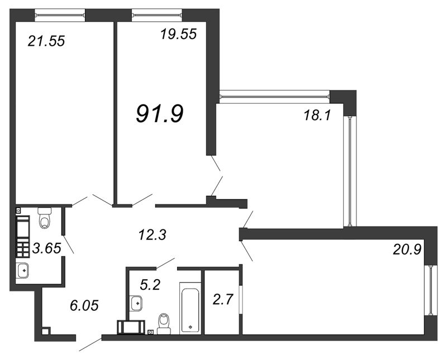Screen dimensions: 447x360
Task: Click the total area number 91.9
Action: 160,113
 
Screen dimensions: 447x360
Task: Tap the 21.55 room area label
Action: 46,41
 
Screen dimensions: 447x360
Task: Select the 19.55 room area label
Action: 178,34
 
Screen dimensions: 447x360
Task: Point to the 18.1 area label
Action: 317,116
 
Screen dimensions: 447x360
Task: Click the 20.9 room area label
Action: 407,250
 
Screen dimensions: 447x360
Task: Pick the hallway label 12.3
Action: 152,235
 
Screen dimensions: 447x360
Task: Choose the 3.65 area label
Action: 47,248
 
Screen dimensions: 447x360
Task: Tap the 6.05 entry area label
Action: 84,306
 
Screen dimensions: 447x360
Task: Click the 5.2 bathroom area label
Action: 150,284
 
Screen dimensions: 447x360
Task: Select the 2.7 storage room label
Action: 223,299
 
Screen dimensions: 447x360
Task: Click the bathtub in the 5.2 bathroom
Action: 190,308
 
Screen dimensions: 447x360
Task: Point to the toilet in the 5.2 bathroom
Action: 164,324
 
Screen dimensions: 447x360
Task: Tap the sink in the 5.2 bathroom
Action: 136,303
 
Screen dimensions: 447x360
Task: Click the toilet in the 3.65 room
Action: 45,218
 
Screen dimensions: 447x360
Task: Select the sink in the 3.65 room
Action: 22,270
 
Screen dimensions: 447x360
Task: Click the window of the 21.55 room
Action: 60,15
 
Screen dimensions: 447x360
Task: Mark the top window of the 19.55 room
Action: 157,15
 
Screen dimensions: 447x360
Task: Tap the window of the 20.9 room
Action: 431,290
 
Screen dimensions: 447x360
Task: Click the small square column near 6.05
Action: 45,332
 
